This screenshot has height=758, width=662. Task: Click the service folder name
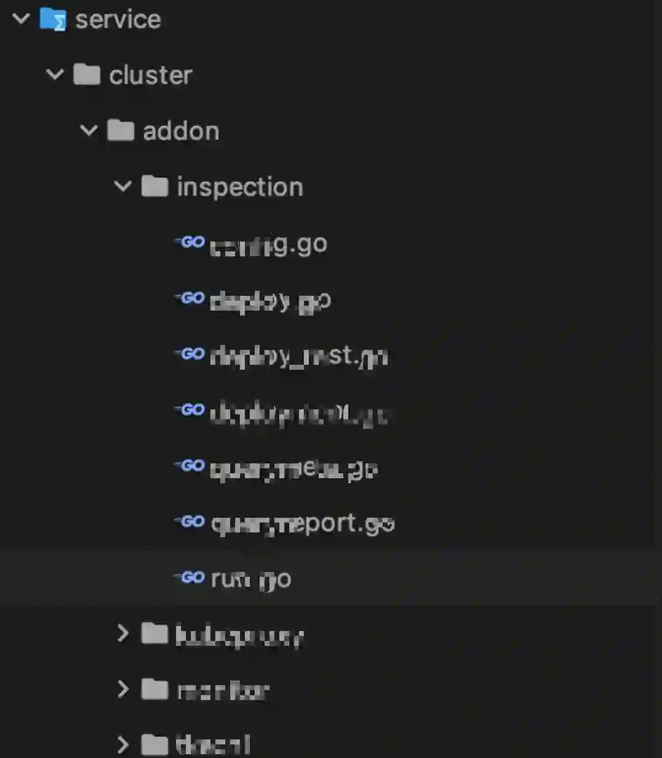pyautogui.click(x=118, y=20)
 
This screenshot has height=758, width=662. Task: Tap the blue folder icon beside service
pyautogui.click(x=53, y=19)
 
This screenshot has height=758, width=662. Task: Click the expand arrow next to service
pyautogui.click(x=21, y=19)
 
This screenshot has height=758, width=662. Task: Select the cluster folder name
pyautogui.click(x=151, y=75)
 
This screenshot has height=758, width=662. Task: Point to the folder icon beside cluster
pyautogui.click(x=87, y=74)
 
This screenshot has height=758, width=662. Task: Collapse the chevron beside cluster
pyautogui.click(x=55, y=74)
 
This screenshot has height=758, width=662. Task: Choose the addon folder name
pyautogui.click(x=181, y=131)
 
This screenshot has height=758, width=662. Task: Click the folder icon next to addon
pyautogui.click(x=121, y=130)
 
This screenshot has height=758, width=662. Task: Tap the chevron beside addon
pyautogui.click(x=89, y=130)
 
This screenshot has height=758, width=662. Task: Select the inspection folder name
pyautogui.click(x=240, y=187)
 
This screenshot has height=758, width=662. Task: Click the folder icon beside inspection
pyautogui.click(x=155, y=186)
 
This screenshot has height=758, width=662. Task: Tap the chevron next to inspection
pyautogui.click(x=123, y=186)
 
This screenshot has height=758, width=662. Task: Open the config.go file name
pyautogui.click(x=268, y=245)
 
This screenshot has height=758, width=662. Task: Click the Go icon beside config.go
pyautogui.click(x=190, y=242)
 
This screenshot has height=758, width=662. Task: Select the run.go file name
pyautogui.click(x=251, y=579)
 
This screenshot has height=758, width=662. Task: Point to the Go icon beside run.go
pyautogui.click(x=190, y=577)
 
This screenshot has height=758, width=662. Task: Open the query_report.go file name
pyautogui.click(x=302, y=524)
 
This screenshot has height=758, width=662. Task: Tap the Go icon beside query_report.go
pyautogui.click(x=190, y=522)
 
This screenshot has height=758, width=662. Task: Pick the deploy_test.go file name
pyautogui.click(x=299, y=356)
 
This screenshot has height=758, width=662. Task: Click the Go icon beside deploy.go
pyautogui.click(x=190, y=298)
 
